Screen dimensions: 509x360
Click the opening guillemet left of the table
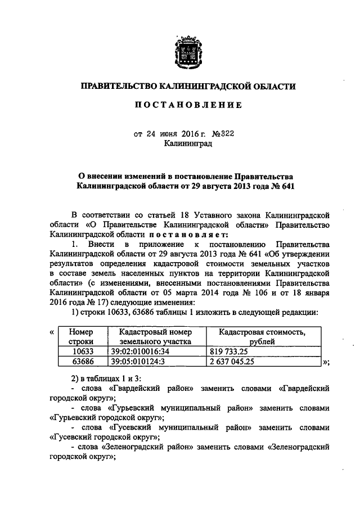[52, 331]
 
